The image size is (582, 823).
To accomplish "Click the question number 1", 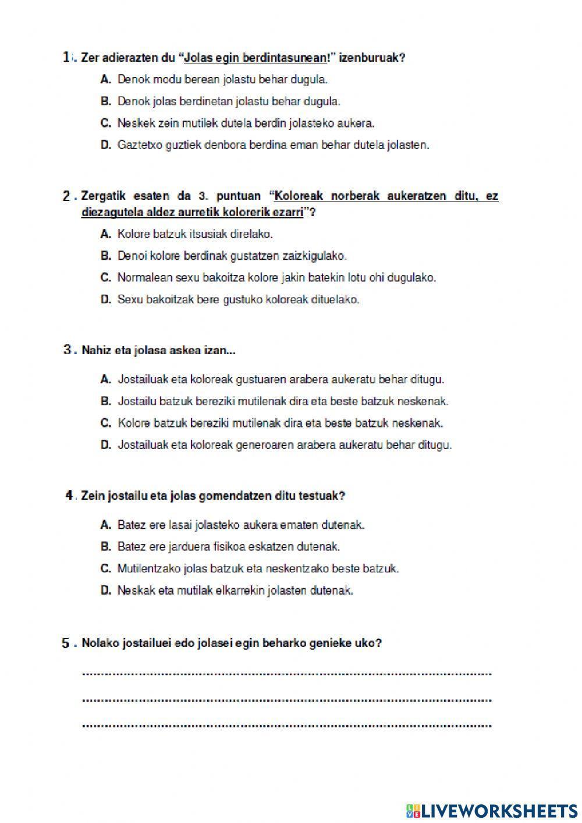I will (67, 56).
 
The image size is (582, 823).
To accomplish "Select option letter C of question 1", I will (105, 123).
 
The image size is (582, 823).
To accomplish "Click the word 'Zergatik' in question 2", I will (101, 196).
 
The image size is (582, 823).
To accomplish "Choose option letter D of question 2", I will (105, 300).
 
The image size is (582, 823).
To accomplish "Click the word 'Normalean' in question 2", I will (142, 278).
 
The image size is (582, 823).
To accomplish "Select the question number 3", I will (67, 350).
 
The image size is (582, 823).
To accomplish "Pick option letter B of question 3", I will (105, 401).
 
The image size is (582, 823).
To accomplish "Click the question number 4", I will (69, 495).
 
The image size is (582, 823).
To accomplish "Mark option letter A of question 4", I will (105, 525).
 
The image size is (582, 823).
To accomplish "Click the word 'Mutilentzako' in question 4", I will (149, 568).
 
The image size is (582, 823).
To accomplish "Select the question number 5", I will (66, 643).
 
